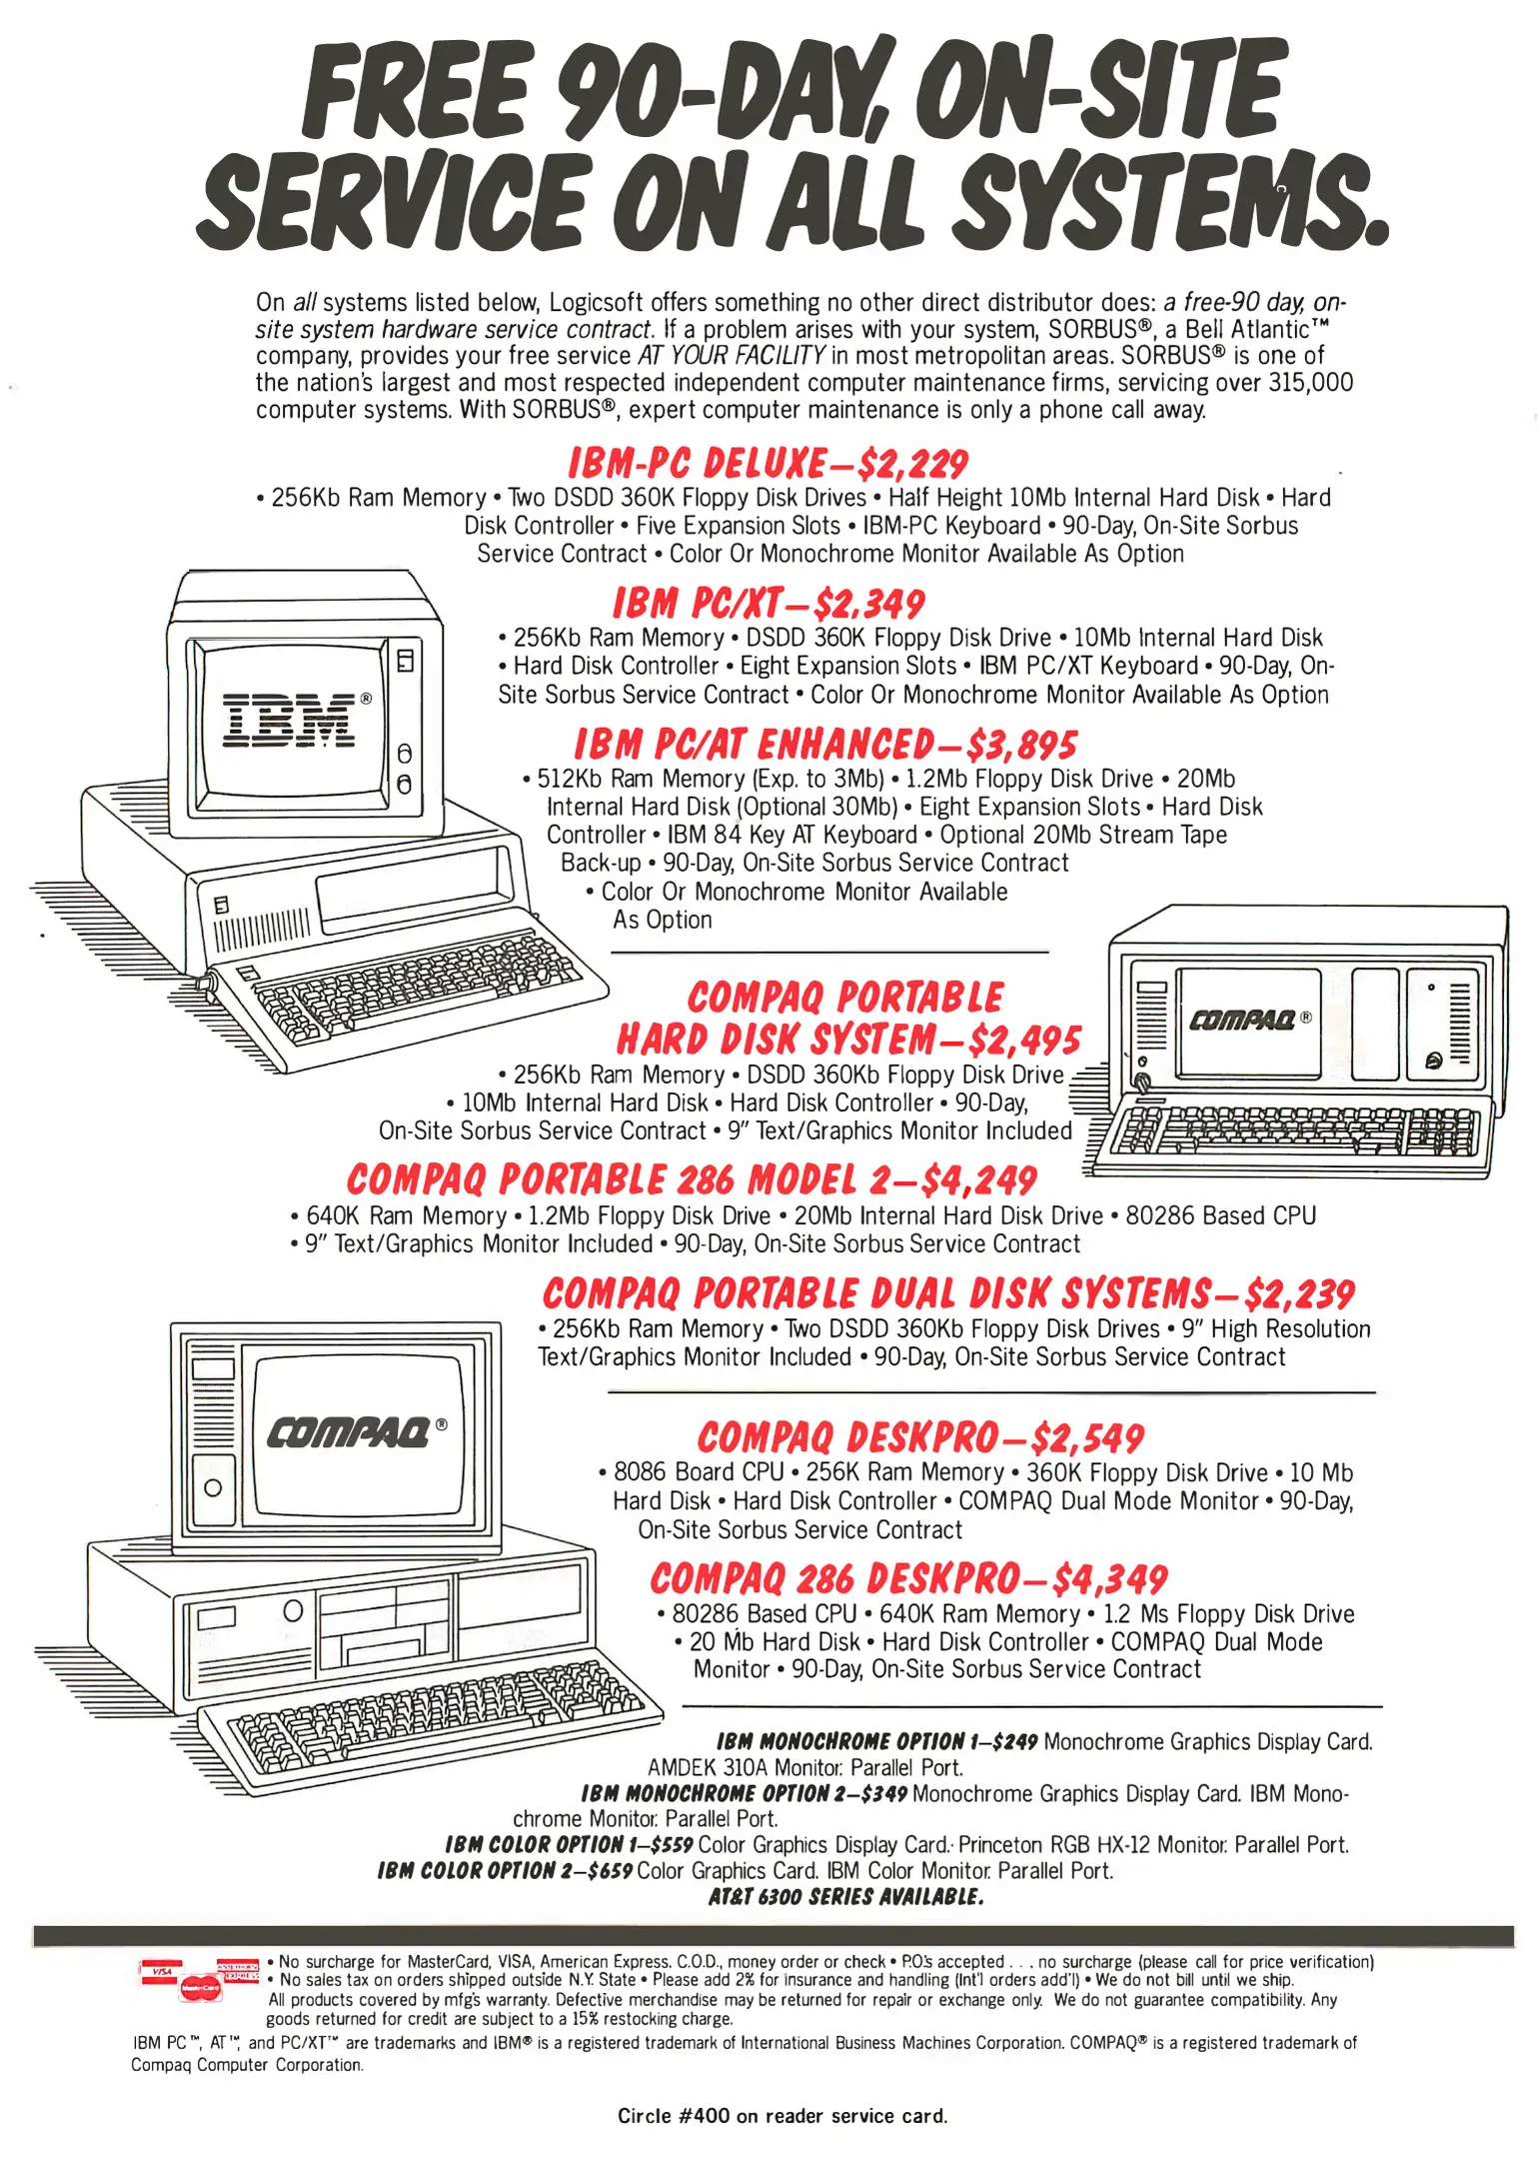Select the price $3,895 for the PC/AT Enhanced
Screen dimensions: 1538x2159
(1021, 745)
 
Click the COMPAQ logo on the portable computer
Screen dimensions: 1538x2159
(1242, 1021)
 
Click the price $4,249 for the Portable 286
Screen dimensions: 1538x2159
(978, 1180)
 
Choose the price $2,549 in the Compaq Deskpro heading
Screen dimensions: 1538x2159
(1087, 1438)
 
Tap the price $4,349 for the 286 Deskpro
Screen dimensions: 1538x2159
(1109, 1579)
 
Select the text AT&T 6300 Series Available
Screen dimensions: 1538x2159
(845, 1896)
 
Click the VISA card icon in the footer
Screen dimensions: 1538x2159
(162, 1972)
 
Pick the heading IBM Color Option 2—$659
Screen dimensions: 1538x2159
(505, 1870)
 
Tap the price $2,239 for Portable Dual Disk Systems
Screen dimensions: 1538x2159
(1299, 1294)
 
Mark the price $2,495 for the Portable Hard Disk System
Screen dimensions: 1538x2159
(1024, 1040)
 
